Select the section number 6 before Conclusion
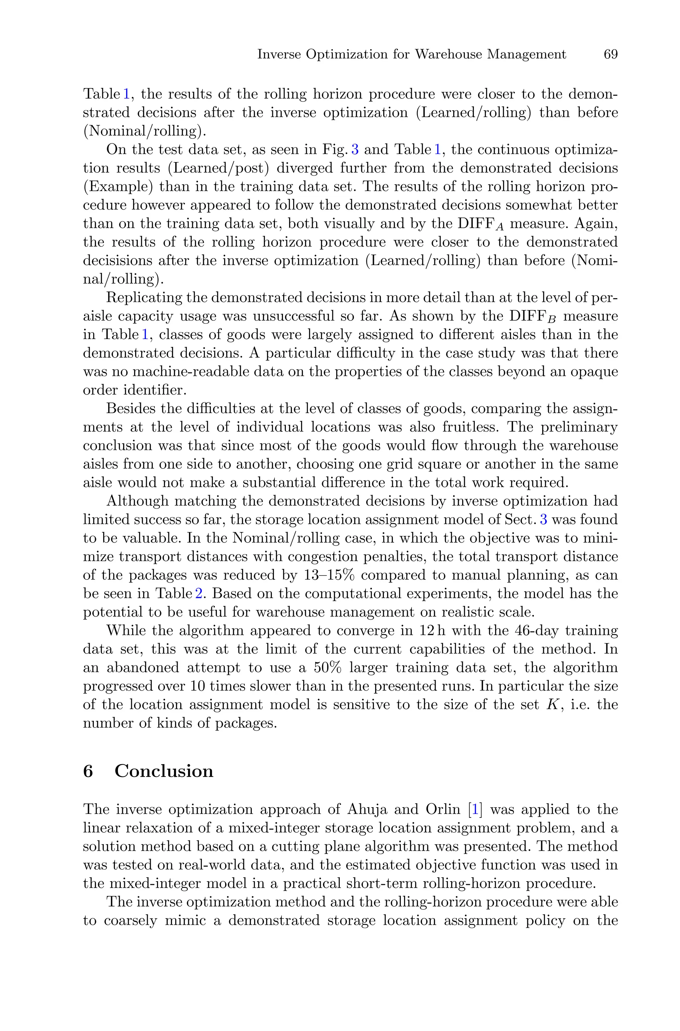[88, 771]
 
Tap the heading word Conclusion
[164, 771]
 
